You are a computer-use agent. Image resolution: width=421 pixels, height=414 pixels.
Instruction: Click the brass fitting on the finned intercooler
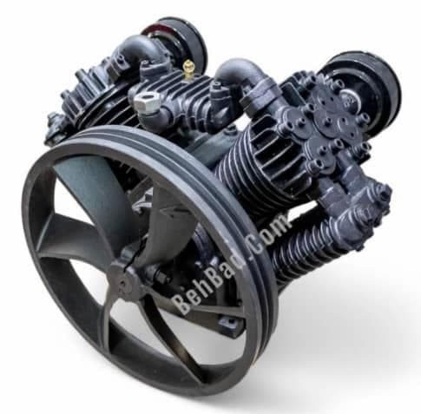(187, 69)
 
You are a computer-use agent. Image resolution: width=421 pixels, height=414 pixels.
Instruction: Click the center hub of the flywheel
(124, 282)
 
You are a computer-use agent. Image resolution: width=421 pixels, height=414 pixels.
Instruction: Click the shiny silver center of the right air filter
(351, 98)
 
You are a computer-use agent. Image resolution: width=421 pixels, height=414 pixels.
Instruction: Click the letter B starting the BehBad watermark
(181, 304)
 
